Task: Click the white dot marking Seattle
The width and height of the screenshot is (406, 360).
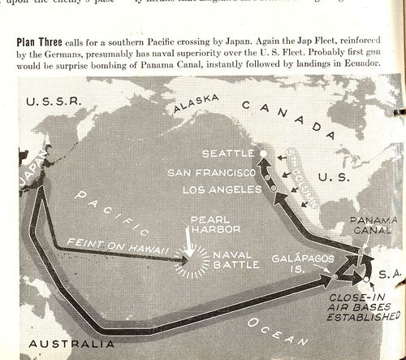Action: [262, 152]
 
